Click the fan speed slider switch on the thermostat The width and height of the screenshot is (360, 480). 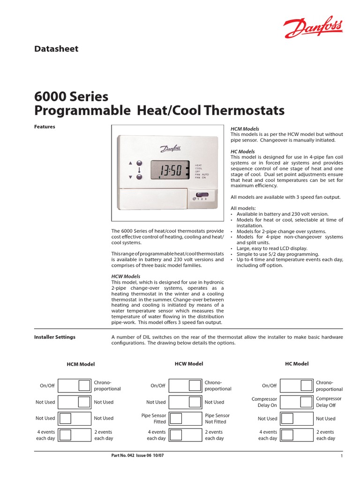(x=202, y=194)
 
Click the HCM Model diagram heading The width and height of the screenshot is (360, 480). (x=80, y=364)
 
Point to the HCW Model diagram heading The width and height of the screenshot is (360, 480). (x=189, y=364)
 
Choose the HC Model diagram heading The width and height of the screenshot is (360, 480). (x=297, y=364)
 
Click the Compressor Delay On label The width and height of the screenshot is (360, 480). (x=264, y=402)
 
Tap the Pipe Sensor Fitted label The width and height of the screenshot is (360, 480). (x=153, y=418)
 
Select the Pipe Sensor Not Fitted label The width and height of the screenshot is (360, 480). (x=217, y=418)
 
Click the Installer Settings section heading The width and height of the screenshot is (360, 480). (x=55, y=337)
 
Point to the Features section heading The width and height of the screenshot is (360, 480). (x=45, y=127)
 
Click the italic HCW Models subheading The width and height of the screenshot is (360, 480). (x=126, y=277)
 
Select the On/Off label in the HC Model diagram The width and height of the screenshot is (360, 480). (x=269, y=386)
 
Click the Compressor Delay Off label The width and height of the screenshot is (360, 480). (x=329, y=402)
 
